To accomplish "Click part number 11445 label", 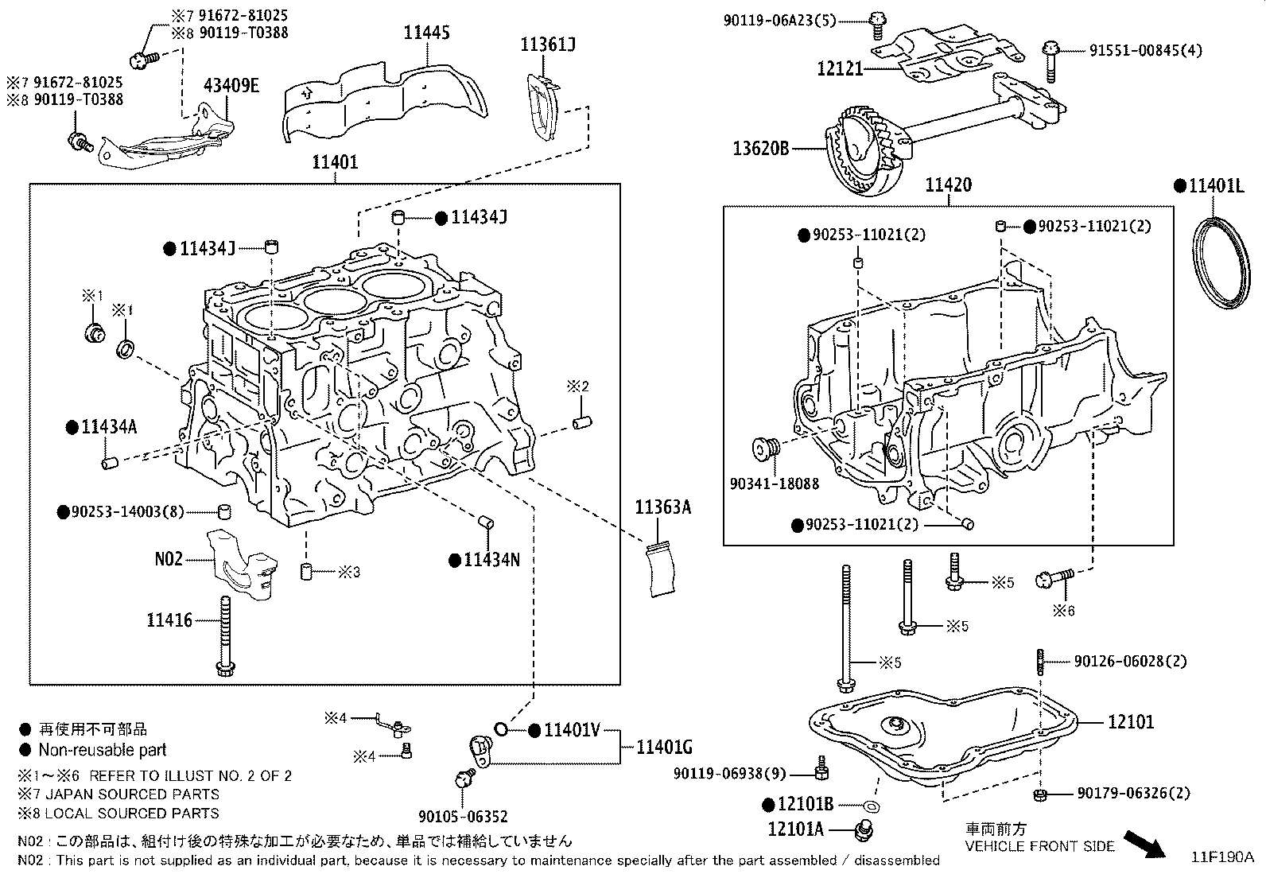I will [x=426, y=33].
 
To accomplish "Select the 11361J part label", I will [x=548, y=45].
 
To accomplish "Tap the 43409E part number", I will [x=231, y=86].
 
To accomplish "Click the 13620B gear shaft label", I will [x=761, y=148].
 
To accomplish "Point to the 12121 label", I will [x=840, y=68].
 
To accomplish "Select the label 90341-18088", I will [x=774, y=483].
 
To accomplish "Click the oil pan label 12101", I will [x=1131, y=722].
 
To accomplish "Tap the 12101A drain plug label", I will [x=796, y=829].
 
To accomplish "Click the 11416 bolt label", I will [x=169, y=620].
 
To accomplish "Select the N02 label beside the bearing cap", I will [x=169, y=559].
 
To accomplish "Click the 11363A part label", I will [x=662, y=507].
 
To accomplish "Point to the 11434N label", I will [x=491, y=560].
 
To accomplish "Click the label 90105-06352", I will [x=463, y=815].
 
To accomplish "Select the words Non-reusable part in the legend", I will [x=103, y=749].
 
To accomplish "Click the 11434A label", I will [x=109, y=427].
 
